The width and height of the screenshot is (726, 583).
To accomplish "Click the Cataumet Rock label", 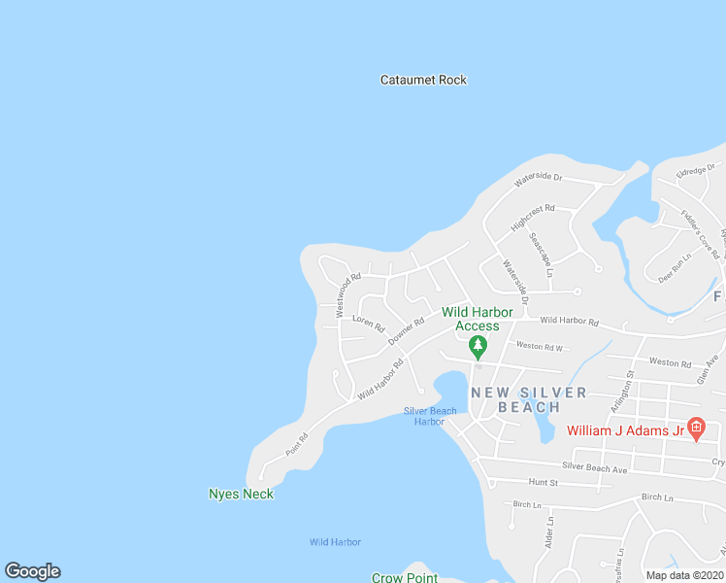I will tap(423, 80).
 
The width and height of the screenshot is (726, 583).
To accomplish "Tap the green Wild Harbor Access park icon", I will tap(478, 346).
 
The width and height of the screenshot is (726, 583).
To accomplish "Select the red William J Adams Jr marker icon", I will tap(697, 430).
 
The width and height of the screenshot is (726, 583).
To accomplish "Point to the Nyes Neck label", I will tap(241, 494).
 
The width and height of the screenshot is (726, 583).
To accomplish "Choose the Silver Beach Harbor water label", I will tap(430, 416).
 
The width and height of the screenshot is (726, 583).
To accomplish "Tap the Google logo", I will tap(32, 571).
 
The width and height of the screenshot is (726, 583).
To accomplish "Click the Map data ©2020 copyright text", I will tap(684, 574).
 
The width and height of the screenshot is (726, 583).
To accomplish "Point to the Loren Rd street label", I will tap(369, 323).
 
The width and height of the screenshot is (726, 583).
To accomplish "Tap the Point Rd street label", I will tap(297, 444).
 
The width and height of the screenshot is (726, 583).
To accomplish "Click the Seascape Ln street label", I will tap(541, 255).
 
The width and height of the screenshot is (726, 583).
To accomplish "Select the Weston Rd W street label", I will tap(540, 346).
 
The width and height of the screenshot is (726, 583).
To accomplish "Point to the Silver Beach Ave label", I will tap(595, 467).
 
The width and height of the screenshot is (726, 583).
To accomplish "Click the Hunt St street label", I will tap(544, 482).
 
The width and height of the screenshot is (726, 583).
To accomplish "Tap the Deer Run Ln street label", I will tap(674, 267).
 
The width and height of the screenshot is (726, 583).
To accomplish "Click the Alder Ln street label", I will tap(549, 532).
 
